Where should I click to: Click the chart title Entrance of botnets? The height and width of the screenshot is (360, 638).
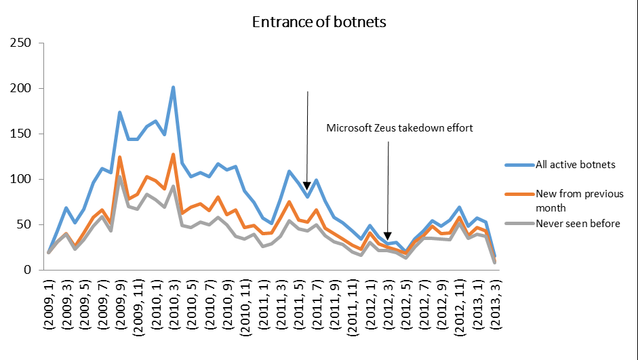319,22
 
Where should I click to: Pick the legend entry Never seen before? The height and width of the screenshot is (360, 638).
578,224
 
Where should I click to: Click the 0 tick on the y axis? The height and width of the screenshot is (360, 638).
29,270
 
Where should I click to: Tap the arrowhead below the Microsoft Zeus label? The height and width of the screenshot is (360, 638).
388,236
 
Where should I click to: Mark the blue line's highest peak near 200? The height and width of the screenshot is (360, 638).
173,87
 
